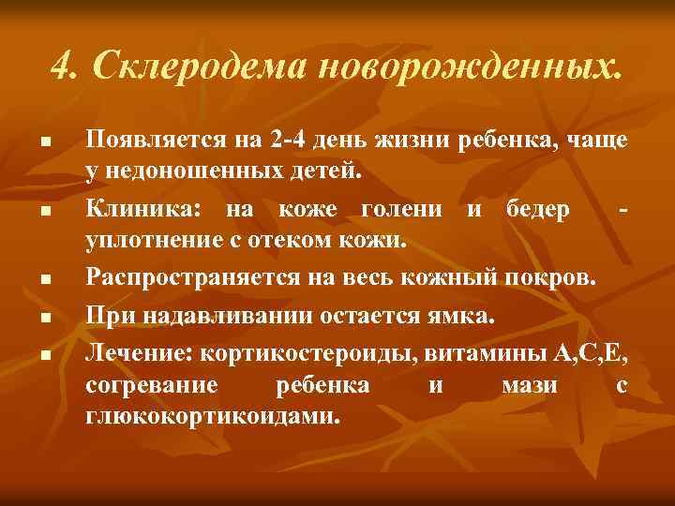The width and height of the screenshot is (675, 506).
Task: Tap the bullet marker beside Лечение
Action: click(44, 354)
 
